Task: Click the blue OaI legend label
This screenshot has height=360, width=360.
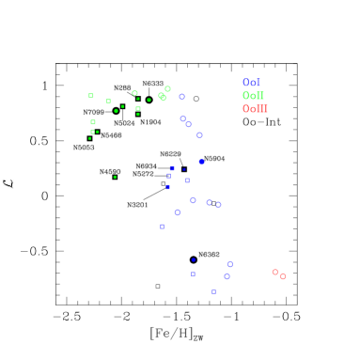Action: [x=251, y=83]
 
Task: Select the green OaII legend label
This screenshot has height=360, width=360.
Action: [x=253, y=96]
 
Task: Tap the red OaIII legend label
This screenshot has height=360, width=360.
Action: [x=255, y=109]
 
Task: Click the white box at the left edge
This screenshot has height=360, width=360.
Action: [x=8, y=182]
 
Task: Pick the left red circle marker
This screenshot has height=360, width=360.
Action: [x=274, y=272]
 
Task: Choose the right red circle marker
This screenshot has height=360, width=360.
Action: [x=282, y=276]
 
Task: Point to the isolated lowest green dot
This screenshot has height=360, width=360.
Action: [x=115, y=177]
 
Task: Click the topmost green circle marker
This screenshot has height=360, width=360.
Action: [x=167, y=89]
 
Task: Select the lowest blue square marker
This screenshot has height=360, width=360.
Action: [x=213, y=291]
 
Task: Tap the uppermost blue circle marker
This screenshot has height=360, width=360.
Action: [x=182, y=96]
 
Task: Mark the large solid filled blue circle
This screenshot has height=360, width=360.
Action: [x=201, y=162]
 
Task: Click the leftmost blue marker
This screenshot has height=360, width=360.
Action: [x=162, y=226]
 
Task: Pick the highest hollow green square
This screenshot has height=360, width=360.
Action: [x=91, y=95]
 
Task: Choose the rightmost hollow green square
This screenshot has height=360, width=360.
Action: [x=138, y=108]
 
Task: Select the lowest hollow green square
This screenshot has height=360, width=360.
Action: [x=92, y=132]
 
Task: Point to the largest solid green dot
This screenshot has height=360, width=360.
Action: [x=116, y=111]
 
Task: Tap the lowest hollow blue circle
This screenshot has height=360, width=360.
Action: [x=227, y=276]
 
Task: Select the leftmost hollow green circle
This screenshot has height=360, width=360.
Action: [x=134, y=93]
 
